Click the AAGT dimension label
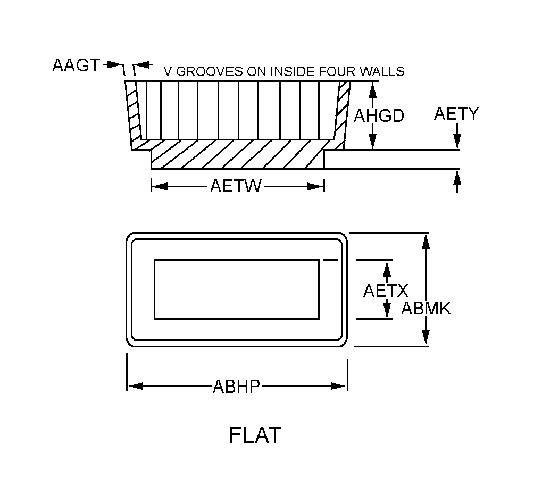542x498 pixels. [76, 65]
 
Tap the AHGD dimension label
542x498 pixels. [379, 115]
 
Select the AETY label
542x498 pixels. [456, 113]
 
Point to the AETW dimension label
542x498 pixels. [236, 186]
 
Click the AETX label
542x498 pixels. [386, 290]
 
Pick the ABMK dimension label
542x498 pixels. [426, 308]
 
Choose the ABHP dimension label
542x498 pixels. [237, 386]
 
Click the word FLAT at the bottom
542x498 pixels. [255, 435]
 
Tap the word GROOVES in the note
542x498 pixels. [210, 71]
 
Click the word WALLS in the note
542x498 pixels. [382, 71]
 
